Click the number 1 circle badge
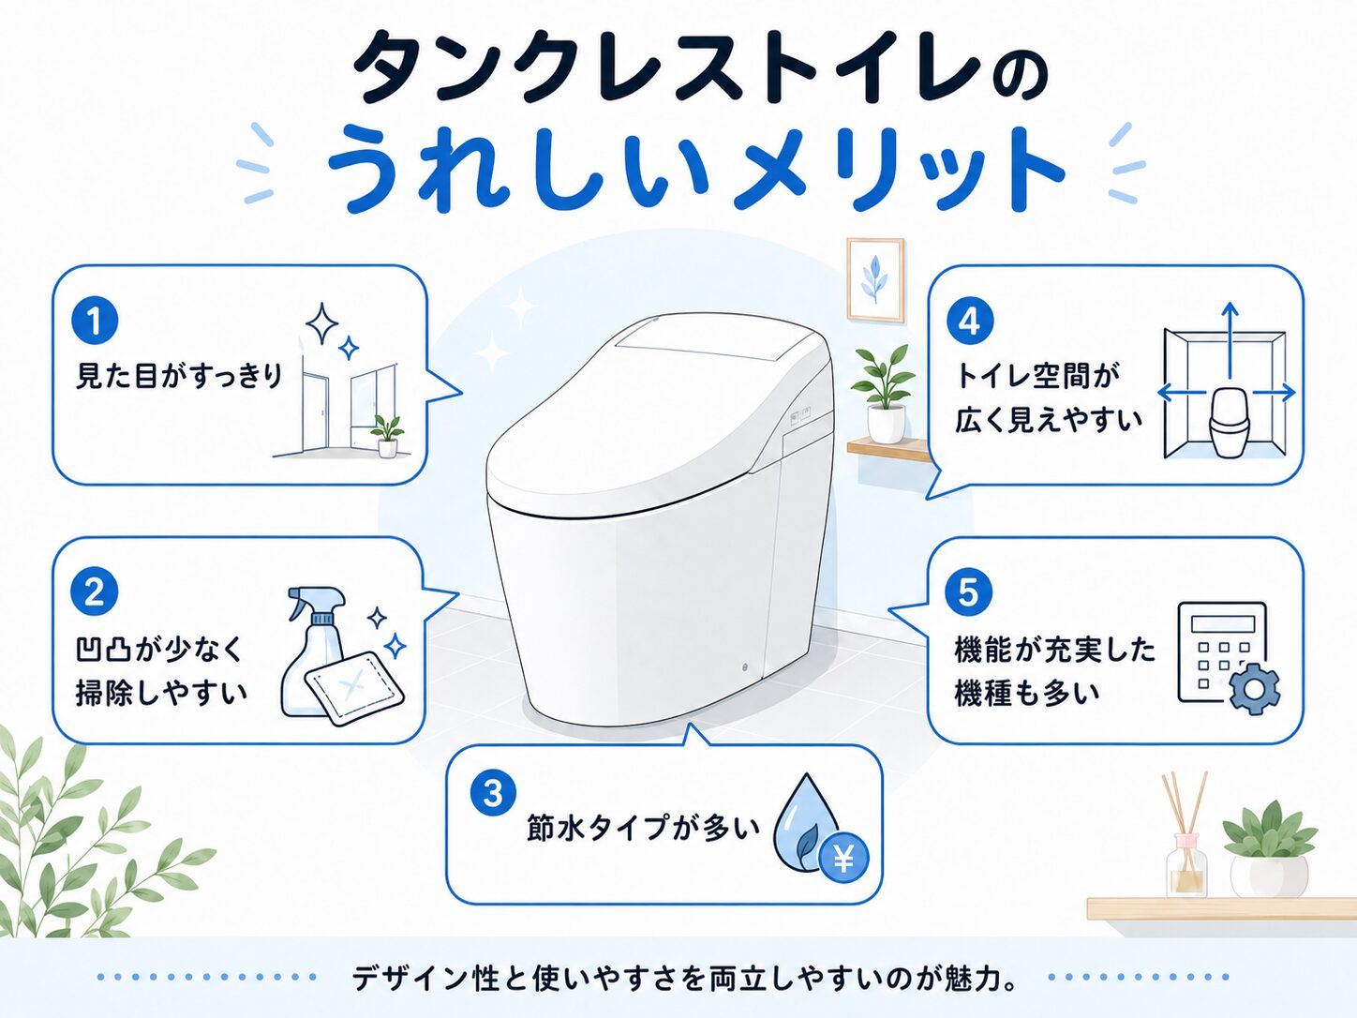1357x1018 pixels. pyautogui.click(x=95, y=322)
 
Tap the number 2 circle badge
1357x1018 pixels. pyautogui.click(x=95, y=591)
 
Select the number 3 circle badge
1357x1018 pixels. pyautogui.click(x=493, y=793)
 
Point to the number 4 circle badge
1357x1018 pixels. pyautogui.click(x=969, y=322)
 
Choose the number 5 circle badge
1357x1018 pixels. pyautogui.click(x=969, y=591)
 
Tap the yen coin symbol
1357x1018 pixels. pyautogui.click(x=843, y=860)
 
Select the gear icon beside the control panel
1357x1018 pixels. pyautogui.click(x=1254, y=689)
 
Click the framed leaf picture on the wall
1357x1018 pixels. pyautogui.click(x=875, y=280)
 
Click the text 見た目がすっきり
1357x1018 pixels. pyautogui.click(x=179, y=376)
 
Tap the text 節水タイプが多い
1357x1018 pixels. pyautogui.click(x=643, y=827)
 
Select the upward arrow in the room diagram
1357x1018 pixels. pyautogui.click(x=1230, y=339)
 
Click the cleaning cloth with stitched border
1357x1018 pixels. pyautogui.click(x=354, y=688)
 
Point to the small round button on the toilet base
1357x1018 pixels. pyautogui.click(x=744, y=668)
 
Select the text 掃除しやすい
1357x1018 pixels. pyautogui.click(x=161, y=694)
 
